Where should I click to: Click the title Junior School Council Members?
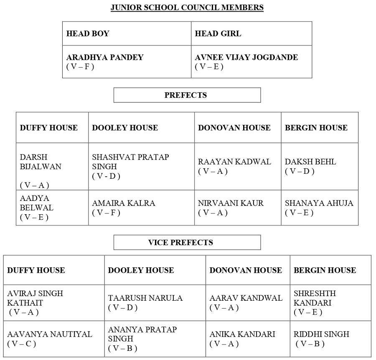click(x=187, y=8)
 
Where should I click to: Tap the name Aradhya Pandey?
click(x=104, y=57)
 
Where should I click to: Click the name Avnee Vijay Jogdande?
click(x=246, y=57)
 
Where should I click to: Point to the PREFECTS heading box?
click(x=187, y=95)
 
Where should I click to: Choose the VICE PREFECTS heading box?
click(x=187, y=242)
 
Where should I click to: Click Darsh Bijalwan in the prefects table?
click(x=41, y=162)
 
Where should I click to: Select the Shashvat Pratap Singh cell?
click(x=130, y=162)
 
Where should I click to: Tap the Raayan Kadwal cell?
click(x=234, y=162)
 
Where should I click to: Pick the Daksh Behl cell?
click(x=310, y=162)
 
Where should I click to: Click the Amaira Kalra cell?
click(x=124, y=203)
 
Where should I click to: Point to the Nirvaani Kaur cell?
click(x=231, y=203)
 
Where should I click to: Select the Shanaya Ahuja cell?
click(x=319, y=203)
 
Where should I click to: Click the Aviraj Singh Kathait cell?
click(x=35, y=298)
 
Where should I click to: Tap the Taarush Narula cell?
click(x=145, y=298)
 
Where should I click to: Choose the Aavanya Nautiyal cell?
click(x=49, y=334)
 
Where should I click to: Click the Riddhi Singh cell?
click(x=321, y=334)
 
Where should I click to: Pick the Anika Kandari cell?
click(x=242, y=334)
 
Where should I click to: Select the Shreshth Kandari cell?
click(x=315, y=298)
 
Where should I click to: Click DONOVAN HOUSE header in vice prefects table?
click(x=246, y=270)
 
